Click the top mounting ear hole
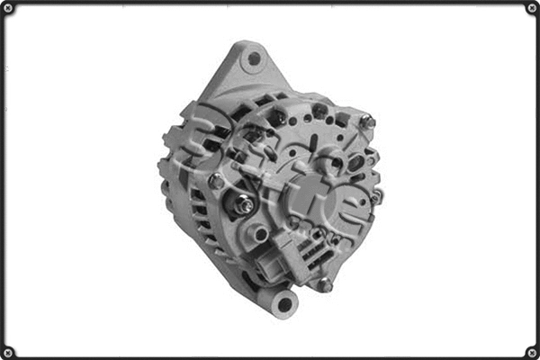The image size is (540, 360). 255,59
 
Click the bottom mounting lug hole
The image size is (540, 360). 284,303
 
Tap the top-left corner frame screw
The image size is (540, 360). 8,8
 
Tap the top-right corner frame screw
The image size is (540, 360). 532,8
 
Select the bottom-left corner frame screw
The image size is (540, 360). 8,352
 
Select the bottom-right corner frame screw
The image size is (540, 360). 532,352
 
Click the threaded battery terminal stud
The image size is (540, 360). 244,205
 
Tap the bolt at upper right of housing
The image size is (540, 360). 366,121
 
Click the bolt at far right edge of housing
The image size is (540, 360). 377,194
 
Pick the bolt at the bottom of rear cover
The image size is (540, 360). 324,284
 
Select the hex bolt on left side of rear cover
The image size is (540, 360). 217,181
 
